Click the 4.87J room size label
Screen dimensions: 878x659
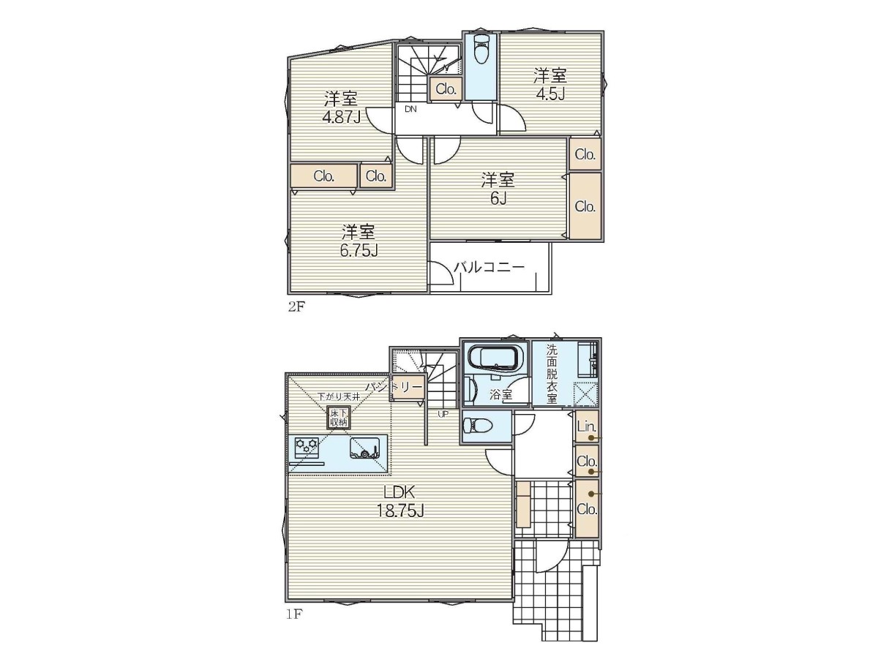(x=342, y=117)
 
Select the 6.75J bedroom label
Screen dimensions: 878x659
(x=359, y=250)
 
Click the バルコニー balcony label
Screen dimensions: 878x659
(x=489, y=267)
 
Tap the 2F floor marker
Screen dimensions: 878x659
(x=296, y=306)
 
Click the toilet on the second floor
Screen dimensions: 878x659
(x=481, y=49)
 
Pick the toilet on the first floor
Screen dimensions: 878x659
(x=479, y=426)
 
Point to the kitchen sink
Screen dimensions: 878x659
(x=365, y=448)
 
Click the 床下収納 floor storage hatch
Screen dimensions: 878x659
(x=339, y=418)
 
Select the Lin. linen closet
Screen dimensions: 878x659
(x=586, y=426)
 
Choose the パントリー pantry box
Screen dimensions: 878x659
(x=408, y=388)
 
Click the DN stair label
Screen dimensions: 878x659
(x=410, y=109)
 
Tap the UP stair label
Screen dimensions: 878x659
(x=443, y=414)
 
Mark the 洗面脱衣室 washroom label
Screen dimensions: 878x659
(x=552, y=374)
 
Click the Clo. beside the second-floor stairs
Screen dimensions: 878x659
(x=446, y=89)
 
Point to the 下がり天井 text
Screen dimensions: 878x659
(x=339, y=396)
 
